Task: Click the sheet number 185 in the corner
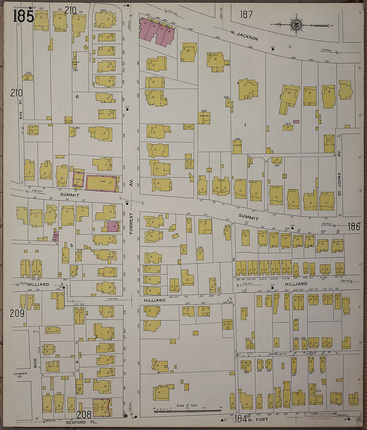(23, 16)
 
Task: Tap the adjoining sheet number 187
(246, 14)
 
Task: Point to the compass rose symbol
(295, 24)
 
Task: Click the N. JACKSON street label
(245, 36)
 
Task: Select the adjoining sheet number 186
(354, 227)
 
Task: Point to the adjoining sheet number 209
(17, 313)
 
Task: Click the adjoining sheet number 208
(84, 414)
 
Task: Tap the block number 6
(77, 97)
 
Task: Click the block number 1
(245, 125)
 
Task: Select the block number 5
(71, 246)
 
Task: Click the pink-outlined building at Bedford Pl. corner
(102, 408)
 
